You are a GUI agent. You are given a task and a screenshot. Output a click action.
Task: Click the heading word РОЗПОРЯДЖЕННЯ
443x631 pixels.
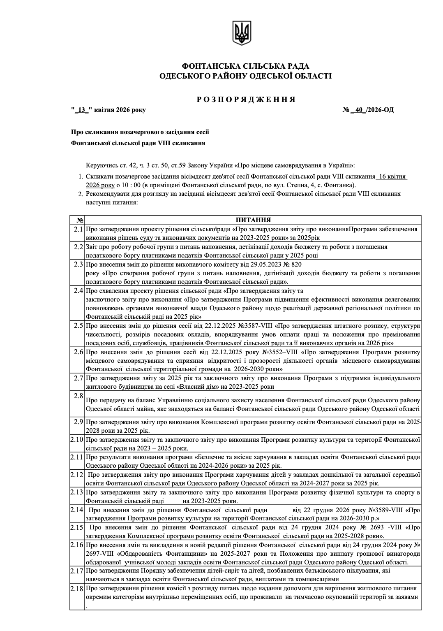click(x=246, y=100)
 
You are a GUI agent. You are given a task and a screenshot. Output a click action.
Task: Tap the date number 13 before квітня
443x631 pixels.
click(x=83, y=110)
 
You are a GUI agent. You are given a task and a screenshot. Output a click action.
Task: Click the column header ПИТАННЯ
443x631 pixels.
click(x=253, y=220)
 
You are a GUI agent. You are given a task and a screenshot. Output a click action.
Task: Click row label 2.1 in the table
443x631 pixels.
click(x=78, y=229)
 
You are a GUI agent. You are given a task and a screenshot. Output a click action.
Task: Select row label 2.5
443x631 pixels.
click(x=78, y=326)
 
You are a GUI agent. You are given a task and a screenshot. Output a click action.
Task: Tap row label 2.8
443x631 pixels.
click(x=78, y=396)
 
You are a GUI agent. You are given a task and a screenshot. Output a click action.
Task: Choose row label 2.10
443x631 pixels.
click(x=77, y=440)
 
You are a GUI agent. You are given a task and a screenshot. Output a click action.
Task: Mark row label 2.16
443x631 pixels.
click(x=77, y=545)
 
